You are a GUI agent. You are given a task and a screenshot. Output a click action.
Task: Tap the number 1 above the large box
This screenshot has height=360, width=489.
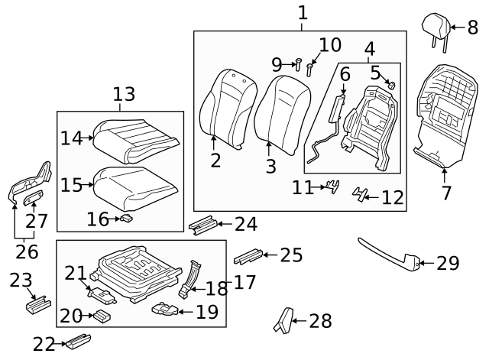tap(303, 13)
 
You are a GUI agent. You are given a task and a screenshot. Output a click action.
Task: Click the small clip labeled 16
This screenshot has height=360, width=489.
tap(127, 219)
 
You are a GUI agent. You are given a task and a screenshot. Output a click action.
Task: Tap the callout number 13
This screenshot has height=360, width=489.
tap(124, 95)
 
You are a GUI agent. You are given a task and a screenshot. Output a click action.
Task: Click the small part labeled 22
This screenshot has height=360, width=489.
tap(79, 340)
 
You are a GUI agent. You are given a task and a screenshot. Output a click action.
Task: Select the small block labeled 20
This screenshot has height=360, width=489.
tap(102, 315)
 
